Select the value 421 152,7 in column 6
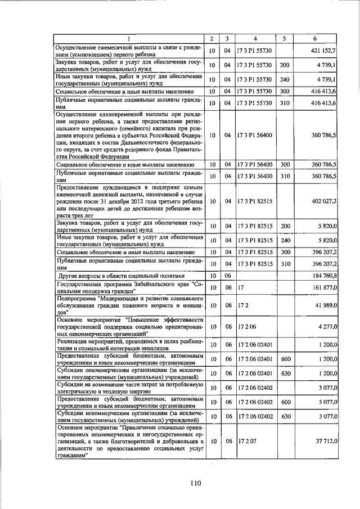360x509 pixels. [323, 51]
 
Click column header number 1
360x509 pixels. [128, 38]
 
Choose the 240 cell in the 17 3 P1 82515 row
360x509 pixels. [285, 240]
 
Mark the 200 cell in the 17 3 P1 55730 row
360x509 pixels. [285, 65]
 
